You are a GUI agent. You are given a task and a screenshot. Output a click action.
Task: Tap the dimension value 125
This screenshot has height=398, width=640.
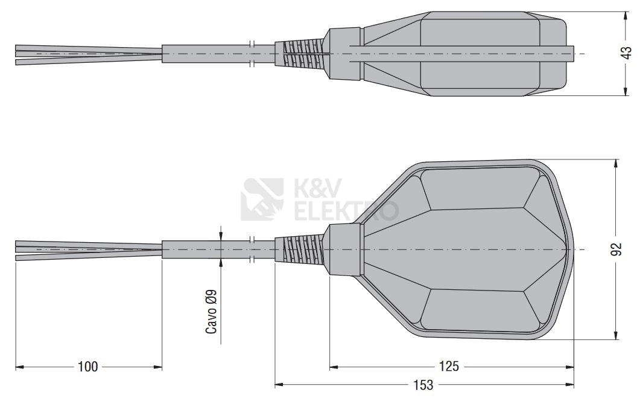click(449, 367)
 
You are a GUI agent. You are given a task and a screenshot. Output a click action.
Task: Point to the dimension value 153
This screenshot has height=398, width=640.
click(423, 385)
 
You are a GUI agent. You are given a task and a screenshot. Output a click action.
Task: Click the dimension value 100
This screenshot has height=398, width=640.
click(87, 367)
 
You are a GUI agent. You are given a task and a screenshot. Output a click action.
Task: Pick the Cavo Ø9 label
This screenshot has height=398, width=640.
click(212, 312)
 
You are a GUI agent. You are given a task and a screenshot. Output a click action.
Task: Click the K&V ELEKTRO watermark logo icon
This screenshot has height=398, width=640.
click(262, 199)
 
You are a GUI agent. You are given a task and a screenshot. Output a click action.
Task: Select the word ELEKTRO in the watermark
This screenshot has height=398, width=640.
click(346, 210)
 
